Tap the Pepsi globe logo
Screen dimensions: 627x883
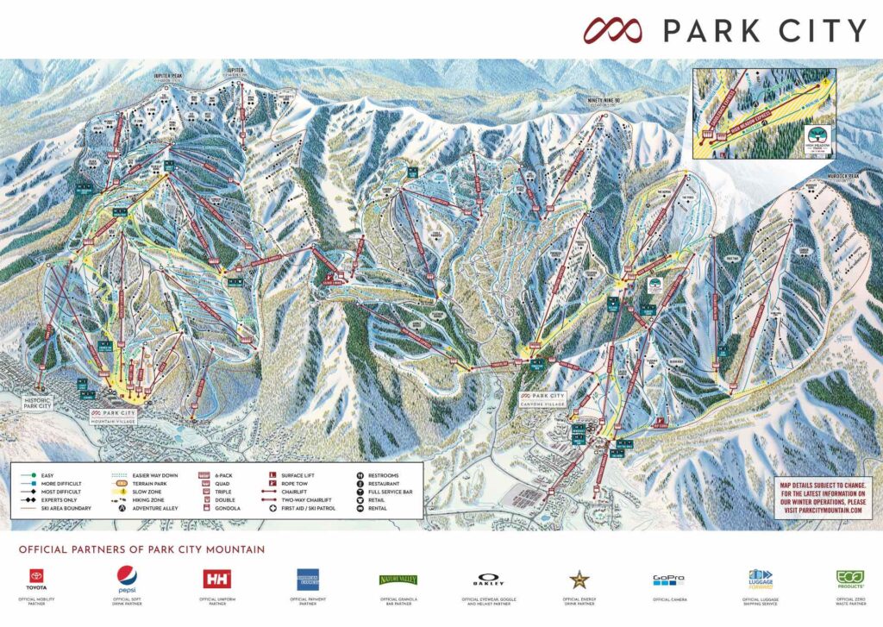(128, 578)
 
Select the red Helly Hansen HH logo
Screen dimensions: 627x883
(216, 579)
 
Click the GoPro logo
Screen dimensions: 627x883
(668, 580)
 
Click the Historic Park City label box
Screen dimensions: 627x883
(43, 404)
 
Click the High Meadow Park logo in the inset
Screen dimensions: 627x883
(817, 136)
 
